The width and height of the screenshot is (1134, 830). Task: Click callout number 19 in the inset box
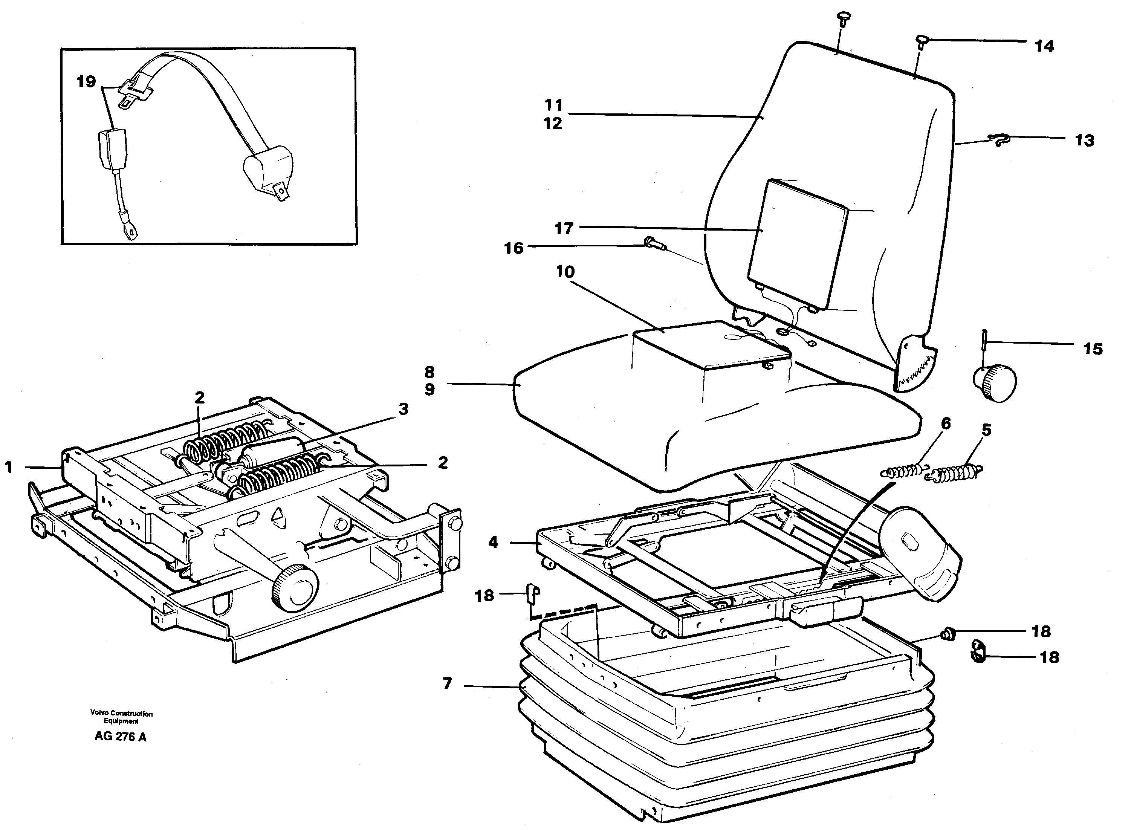click(86, 81)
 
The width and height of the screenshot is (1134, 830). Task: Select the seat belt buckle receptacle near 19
click(112, 150)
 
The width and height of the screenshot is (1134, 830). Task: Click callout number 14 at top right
click(1044, 46)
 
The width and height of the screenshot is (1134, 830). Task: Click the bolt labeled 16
click(654, 245)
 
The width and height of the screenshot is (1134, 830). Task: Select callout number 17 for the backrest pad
click(564, 229)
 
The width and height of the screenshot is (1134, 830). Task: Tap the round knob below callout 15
click(994, 383)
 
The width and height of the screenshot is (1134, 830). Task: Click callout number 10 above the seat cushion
click(565, 272)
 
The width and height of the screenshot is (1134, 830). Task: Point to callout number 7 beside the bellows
click(447, 683)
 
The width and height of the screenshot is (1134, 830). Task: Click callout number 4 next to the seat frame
click(493, 542)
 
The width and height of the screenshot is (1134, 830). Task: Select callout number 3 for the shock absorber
click(403, 410)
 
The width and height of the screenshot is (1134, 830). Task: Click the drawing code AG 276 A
click(121, 737)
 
